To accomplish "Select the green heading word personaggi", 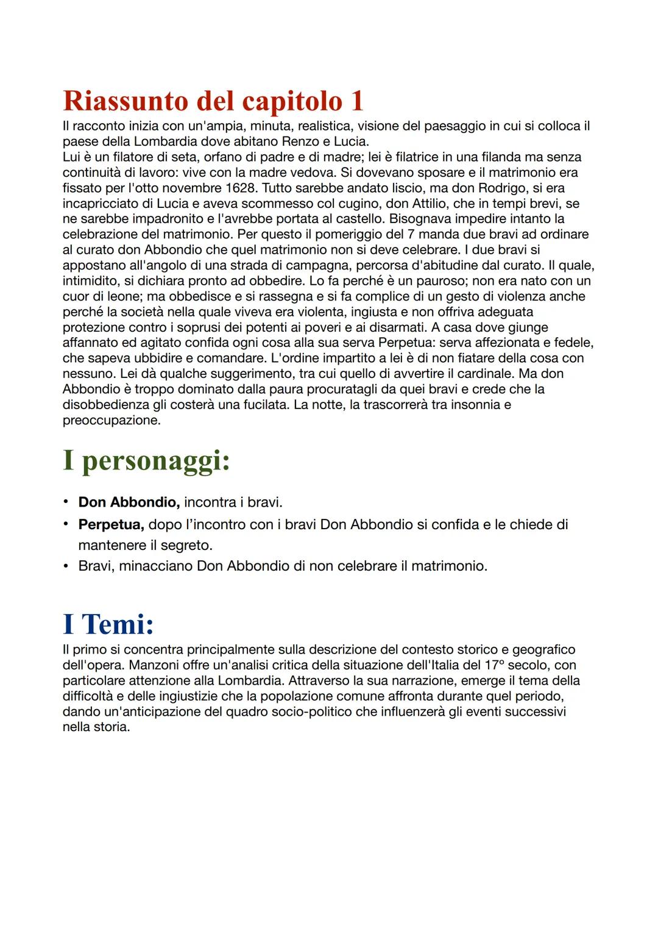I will point(156,462).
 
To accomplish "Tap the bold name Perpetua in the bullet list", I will point(111,524).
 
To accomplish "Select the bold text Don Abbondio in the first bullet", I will point(129,502).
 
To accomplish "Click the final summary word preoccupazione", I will point(111,420).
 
